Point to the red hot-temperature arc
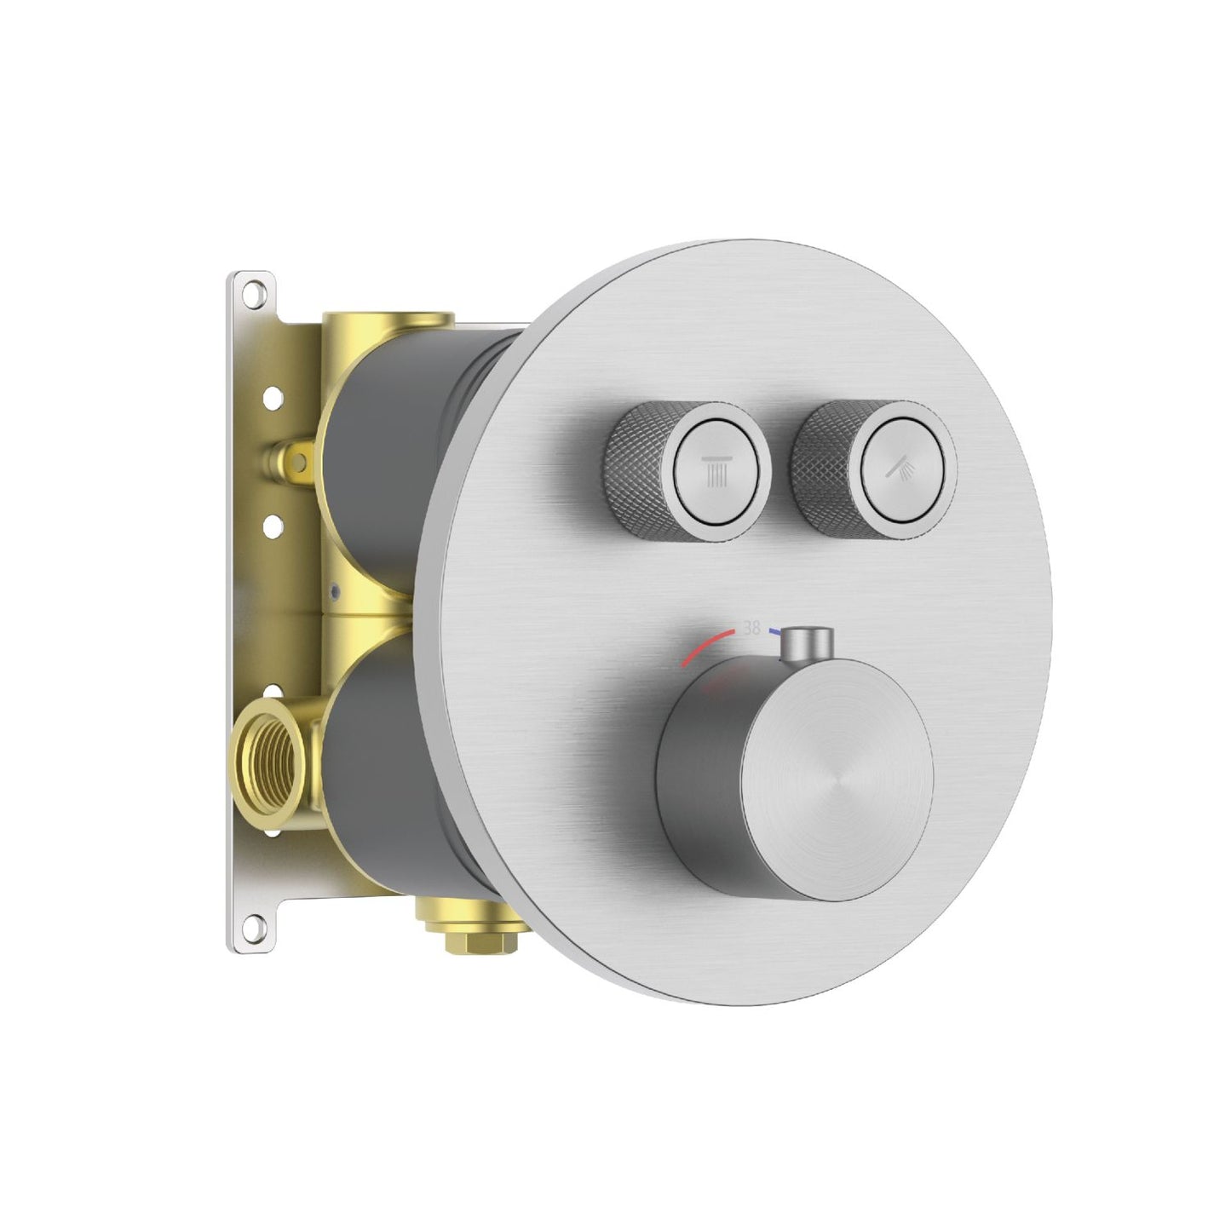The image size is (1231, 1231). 709,647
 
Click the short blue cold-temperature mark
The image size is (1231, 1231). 774,633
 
